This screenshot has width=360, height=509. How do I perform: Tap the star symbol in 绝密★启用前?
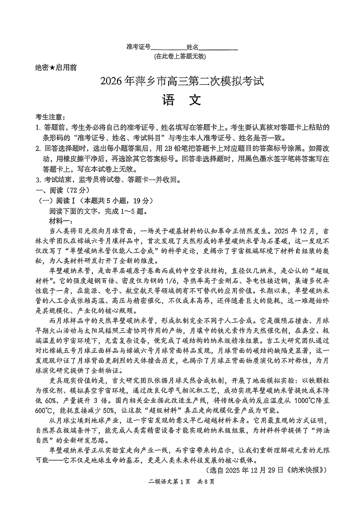[52, 68]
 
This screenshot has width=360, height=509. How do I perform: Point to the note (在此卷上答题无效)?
[180, 57]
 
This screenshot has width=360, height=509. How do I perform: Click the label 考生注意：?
[50, 117]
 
